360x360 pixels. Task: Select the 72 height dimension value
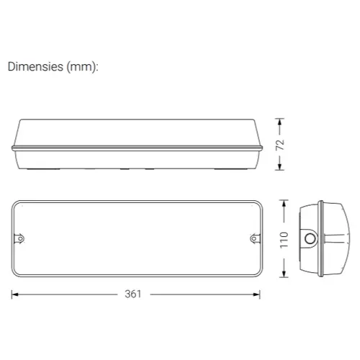pos(282,145)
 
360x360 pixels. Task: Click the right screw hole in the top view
pos(253,237)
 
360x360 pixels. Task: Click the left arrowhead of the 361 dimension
pos(14,294)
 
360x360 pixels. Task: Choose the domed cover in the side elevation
pos(136,133)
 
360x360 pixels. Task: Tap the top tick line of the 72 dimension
pos(282,120)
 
